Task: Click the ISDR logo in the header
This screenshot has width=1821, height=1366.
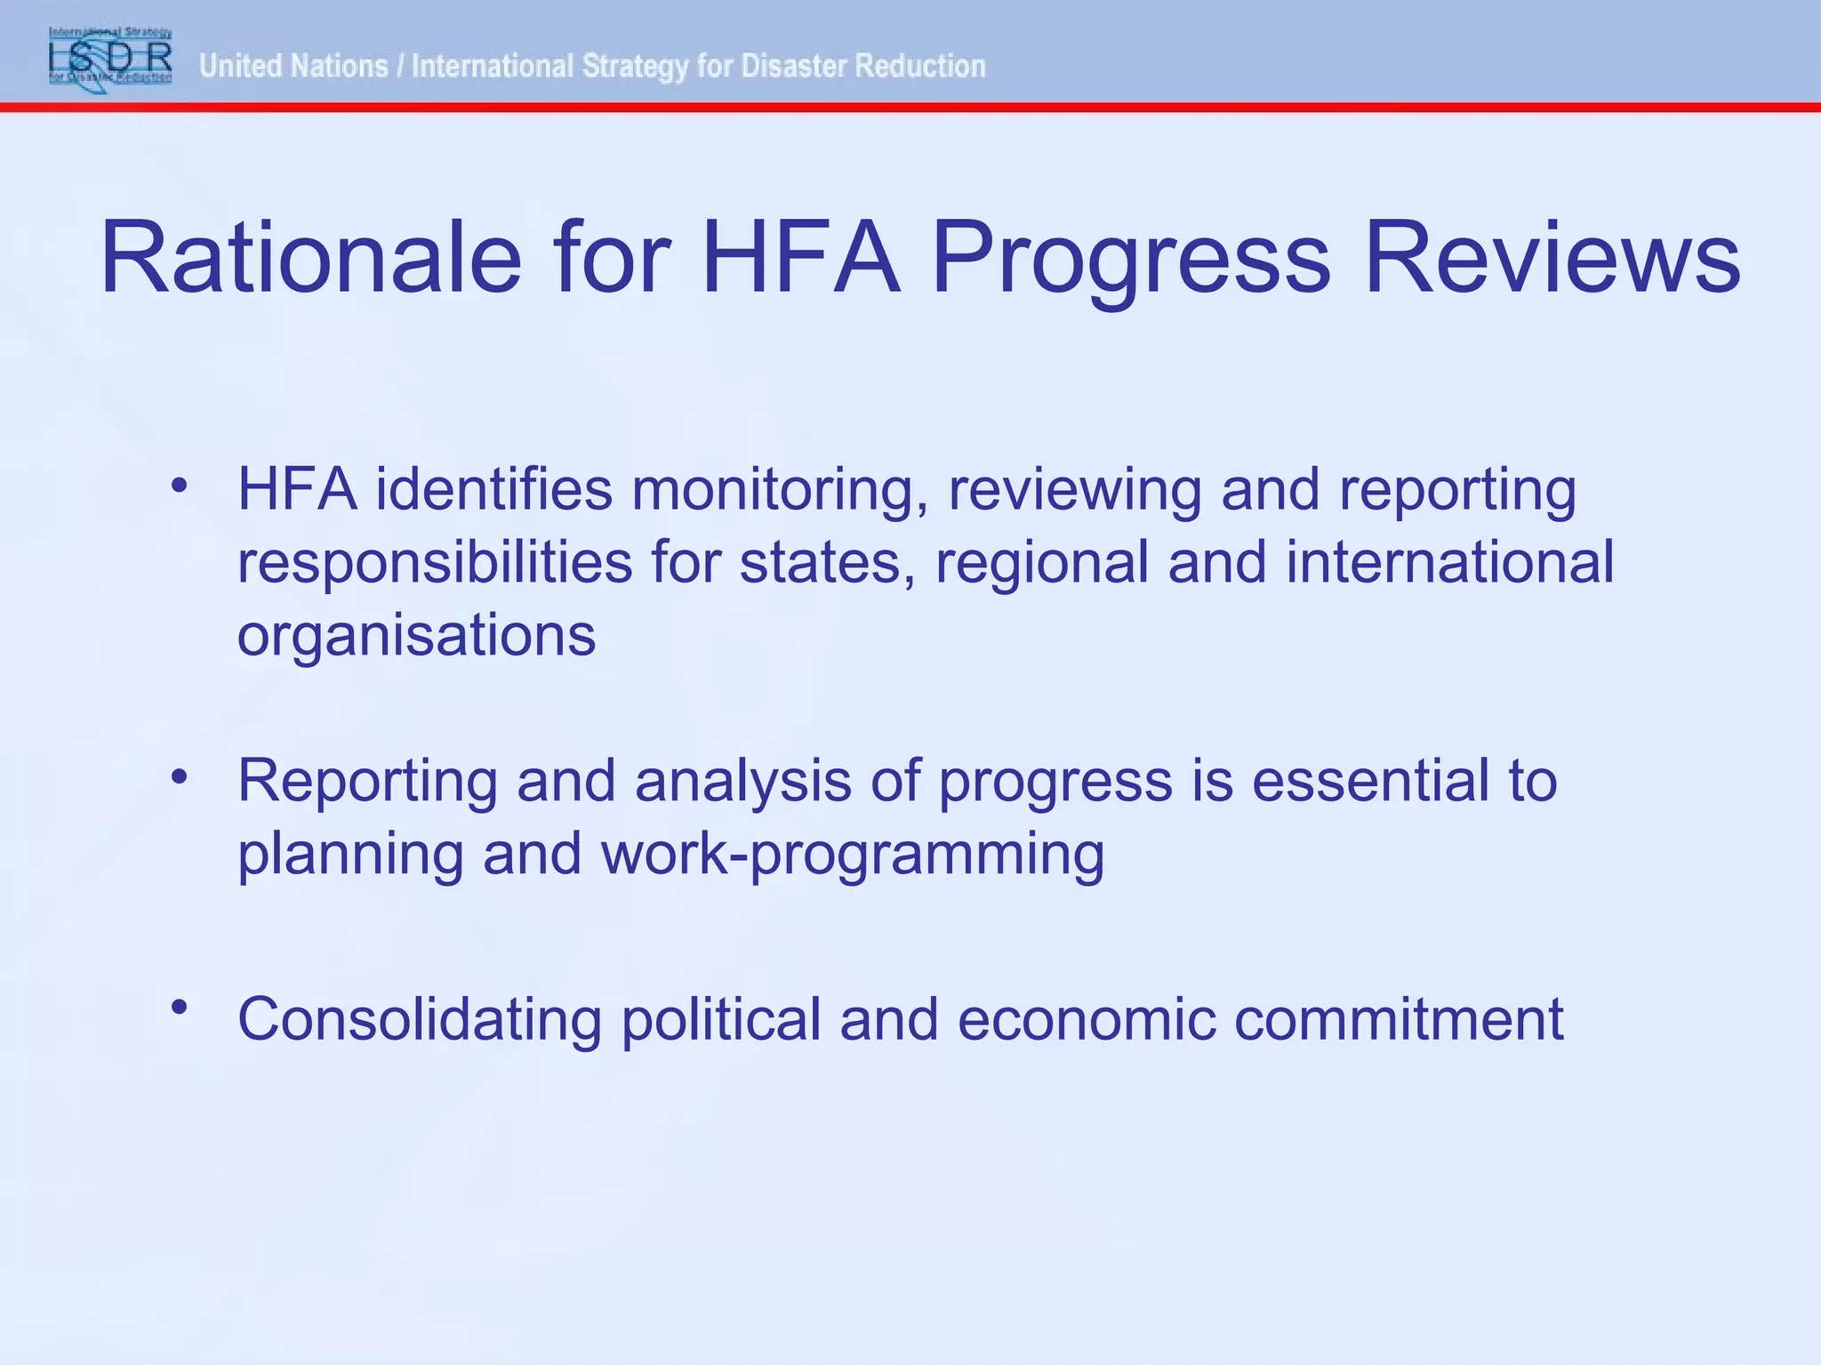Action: [x=110, y=57]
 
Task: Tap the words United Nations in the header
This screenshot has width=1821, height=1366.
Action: [x=293, y=66]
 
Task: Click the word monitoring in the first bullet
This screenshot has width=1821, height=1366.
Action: [x=772, y=490]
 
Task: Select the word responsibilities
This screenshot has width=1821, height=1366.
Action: [x=435, y=563]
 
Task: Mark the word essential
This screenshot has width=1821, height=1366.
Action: [x=1370, y=782]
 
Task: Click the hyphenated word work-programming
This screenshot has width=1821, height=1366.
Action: [x=853, y=854]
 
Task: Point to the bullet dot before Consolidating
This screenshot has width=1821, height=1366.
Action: [x=180, y=1007]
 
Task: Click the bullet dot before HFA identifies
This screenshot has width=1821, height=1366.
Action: [x=180, y=486]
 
